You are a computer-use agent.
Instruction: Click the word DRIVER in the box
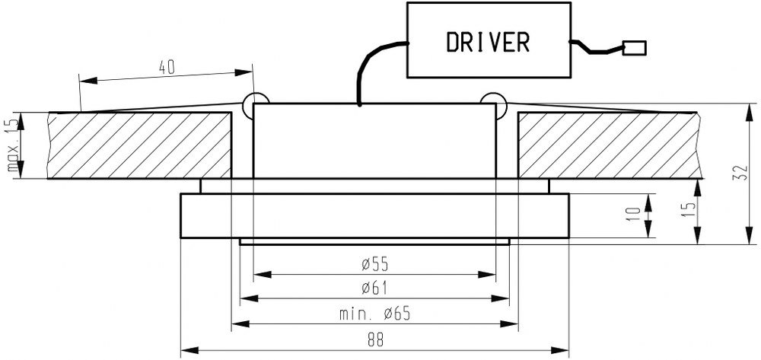click(x=488, y=42)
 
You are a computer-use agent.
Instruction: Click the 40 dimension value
click(x=167, y=67)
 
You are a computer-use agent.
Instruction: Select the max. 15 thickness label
click(x=11, y=147)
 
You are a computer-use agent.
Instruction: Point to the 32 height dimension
click(x=750, y=174)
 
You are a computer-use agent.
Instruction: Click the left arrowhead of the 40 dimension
click(x=84, y=78)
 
